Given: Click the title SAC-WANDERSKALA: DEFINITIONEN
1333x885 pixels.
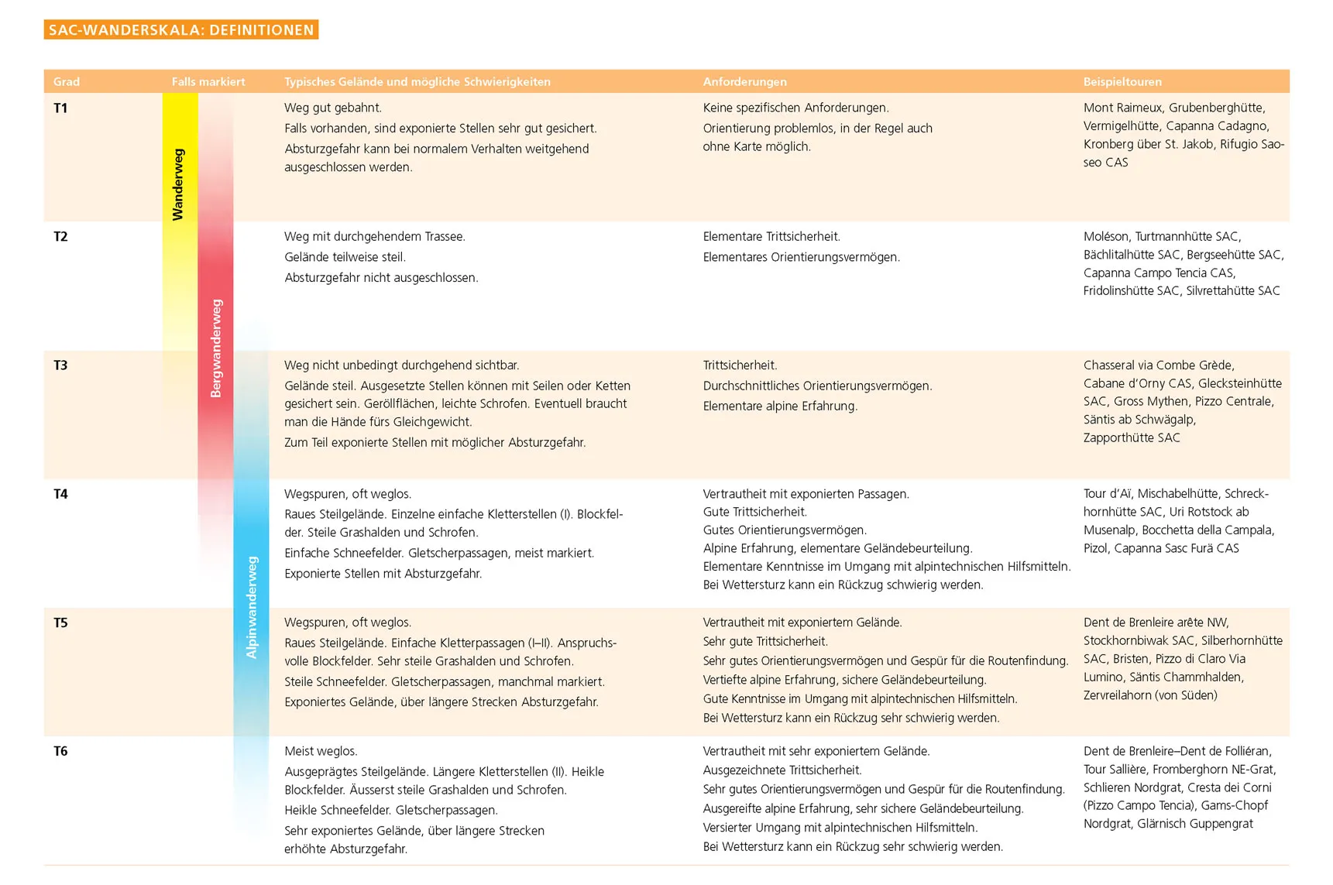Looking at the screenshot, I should point(181,30).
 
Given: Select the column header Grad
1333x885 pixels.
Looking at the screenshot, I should point(67,82).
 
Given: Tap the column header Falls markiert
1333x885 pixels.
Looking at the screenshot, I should point(208,82).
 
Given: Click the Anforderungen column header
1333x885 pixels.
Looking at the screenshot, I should point(744,82).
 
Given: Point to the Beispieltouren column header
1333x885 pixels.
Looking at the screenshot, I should point(1122,82).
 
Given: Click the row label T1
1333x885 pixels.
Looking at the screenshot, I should point(60,108).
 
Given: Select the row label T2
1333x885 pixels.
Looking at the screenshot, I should point(60,237).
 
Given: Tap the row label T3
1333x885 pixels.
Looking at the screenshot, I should point(60,365).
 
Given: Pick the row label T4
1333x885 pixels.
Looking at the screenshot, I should point(60,494).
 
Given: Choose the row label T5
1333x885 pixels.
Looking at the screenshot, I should point(60,623).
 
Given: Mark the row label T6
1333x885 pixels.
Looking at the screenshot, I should point(60,751).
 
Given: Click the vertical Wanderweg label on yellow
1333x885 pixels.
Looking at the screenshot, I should point(178,184).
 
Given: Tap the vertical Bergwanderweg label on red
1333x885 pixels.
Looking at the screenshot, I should point(216,348).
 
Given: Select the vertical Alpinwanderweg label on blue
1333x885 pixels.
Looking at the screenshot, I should point(252,608).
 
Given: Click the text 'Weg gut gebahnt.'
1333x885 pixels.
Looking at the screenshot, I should point(333,108).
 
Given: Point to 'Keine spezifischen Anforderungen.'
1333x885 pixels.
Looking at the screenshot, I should point(795,108).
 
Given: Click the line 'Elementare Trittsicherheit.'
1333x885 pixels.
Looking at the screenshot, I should point(771,237).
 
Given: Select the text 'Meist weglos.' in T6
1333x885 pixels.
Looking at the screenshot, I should point(321,751).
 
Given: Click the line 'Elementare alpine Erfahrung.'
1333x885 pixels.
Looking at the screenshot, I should point(780,406).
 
